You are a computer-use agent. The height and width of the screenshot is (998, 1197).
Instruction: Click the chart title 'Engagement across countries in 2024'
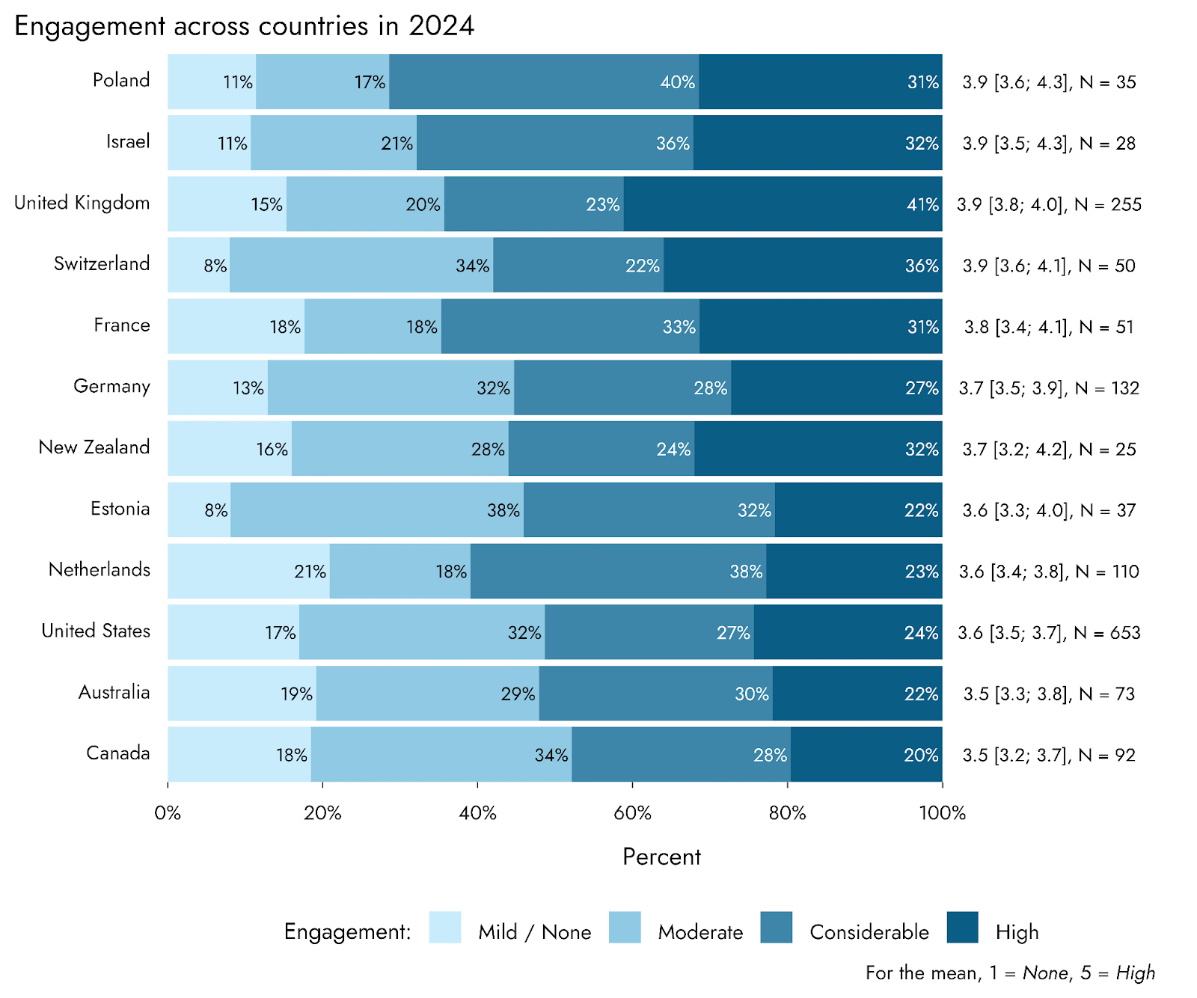click(244, 26)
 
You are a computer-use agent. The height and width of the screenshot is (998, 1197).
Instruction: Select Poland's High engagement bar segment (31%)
click(820, 82)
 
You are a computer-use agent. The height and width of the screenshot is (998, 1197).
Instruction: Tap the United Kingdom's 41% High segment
click(783, 203)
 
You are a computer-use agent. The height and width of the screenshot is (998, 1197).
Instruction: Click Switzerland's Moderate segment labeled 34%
click(361, 265)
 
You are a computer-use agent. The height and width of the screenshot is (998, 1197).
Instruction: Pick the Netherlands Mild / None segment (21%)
click(248, 571)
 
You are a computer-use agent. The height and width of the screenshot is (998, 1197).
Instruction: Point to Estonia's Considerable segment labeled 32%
click(649, 509)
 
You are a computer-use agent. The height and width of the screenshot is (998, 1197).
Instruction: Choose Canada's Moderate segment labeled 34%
click(441, 754)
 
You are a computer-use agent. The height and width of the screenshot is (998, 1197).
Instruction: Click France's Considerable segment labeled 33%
click(570, 326)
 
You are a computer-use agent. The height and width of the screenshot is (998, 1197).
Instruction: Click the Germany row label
click(111, 387)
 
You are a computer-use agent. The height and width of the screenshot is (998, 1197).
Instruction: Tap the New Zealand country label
click(94, 447)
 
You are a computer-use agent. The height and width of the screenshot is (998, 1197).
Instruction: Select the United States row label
click(96, 631)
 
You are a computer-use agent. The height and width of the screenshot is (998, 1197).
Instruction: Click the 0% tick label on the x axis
click(168, 813)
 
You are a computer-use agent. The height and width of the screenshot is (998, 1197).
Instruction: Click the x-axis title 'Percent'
click(661, 857)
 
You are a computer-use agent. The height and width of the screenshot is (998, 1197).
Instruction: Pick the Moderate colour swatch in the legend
click(625, 927)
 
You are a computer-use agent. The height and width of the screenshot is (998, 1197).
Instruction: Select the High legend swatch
click(962, 927)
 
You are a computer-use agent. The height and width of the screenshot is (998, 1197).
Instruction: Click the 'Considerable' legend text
click(869, 932)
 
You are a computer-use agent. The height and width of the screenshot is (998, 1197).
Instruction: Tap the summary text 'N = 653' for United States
click(1107, 633)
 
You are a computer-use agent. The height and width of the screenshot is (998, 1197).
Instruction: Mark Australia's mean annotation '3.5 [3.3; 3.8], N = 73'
click(1049, 694)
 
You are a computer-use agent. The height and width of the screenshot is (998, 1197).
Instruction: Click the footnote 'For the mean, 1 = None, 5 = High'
click(1010, 973)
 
